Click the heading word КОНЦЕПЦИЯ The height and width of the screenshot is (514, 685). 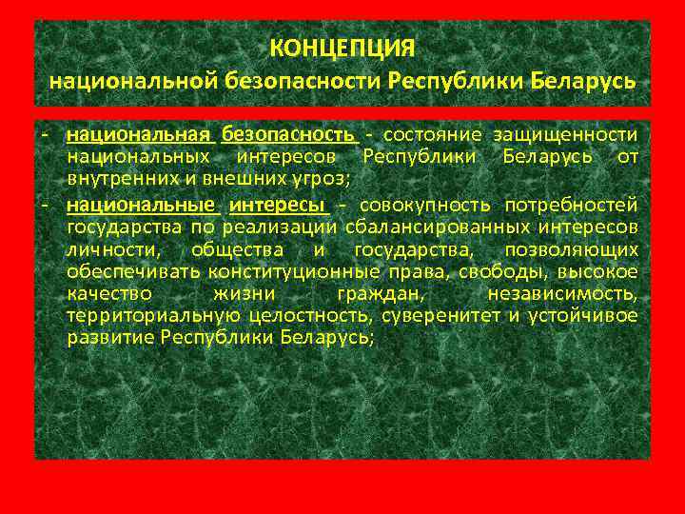(342, 47)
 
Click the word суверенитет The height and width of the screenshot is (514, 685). (446, 317)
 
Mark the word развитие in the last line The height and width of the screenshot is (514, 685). (111, 340)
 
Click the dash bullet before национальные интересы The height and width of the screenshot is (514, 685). (47, 203)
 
